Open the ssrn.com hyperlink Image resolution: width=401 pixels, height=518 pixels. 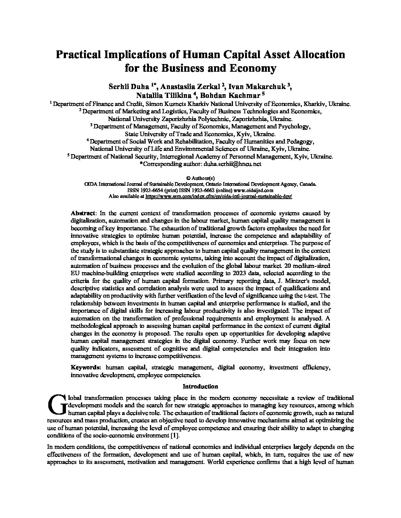[219, 197]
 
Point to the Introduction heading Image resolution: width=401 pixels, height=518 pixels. [200, 386]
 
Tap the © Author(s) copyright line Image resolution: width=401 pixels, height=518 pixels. [200, 178]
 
